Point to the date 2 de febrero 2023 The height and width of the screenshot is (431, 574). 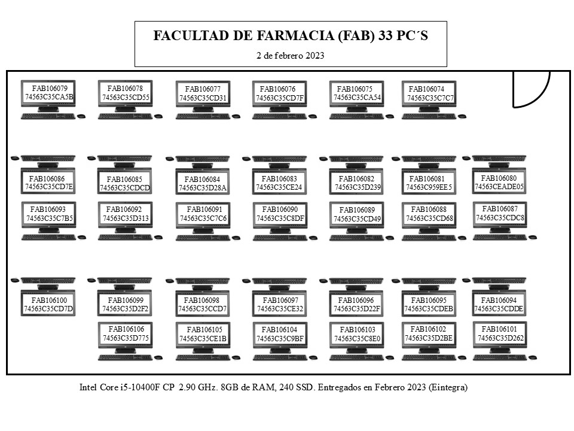coord(291,56)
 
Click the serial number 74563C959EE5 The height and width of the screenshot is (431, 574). coord(429,187)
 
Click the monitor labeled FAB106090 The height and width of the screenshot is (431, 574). coord(280,218)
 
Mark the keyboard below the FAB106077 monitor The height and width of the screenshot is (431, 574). coord(203,117)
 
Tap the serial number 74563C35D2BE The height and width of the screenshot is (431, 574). coord(429,338)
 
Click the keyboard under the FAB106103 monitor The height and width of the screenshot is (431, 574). coord(356,358)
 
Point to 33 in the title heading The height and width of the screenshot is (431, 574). coord(386,35)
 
